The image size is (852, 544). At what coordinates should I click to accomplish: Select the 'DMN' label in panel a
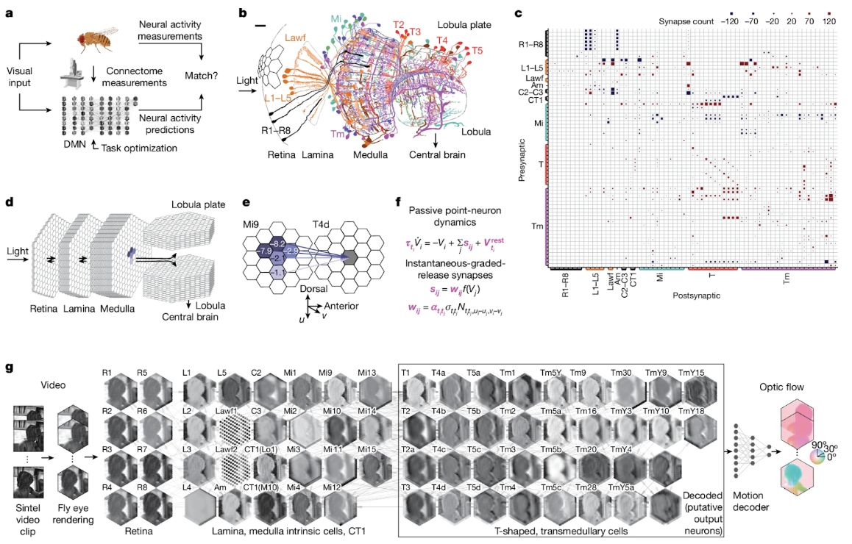(77, 146)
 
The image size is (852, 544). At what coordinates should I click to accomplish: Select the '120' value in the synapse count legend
(830, 21)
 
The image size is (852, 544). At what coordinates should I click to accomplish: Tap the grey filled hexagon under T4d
(350, 255)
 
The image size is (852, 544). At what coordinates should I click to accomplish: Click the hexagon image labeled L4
(198, 508)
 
